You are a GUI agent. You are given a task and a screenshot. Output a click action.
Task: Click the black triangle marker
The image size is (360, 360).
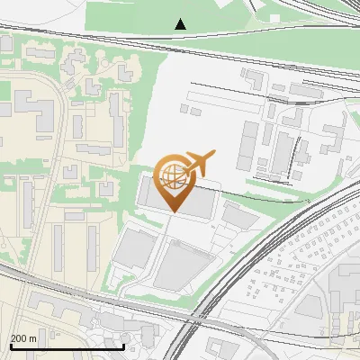(x=181, y=24)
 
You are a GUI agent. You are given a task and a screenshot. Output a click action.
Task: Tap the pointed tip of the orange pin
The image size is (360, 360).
(x=171, y=212)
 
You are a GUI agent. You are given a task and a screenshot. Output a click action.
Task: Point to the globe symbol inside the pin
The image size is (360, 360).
(x=170, y=173)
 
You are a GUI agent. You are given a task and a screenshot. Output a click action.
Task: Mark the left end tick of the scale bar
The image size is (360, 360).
(x=10, y=345)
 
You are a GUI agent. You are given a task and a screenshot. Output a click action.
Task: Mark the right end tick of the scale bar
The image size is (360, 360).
(x=123, y=345)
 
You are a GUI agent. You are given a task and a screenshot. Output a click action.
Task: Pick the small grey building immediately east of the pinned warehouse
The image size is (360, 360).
(x=239, y=215)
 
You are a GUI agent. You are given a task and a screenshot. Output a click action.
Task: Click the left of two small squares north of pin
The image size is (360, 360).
(x=184, y=109)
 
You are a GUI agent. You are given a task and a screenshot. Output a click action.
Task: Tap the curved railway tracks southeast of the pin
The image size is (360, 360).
(x=261, y=243)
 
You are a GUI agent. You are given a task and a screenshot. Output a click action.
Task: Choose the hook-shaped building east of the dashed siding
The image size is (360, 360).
(x=332, y=135)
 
